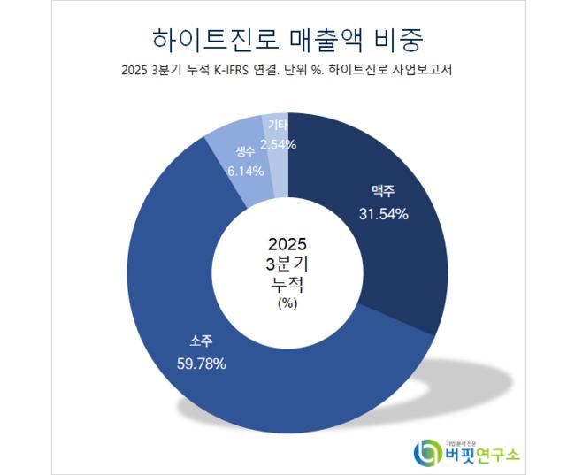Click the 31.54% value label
click(383, 214)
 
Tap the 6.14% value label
click(245, 171)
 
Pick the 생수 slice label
click(245, 151)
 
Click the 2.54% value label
click(278, 144)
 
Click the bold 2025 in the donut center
click(287, 244)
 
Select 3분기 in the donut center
click(287, 264)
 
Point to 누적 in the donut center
click(287, 285)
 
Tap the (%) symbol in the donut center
click(287, 303)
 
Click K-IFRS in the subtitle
click(234, 73)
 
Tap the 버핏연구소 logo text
click(482, 454)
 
